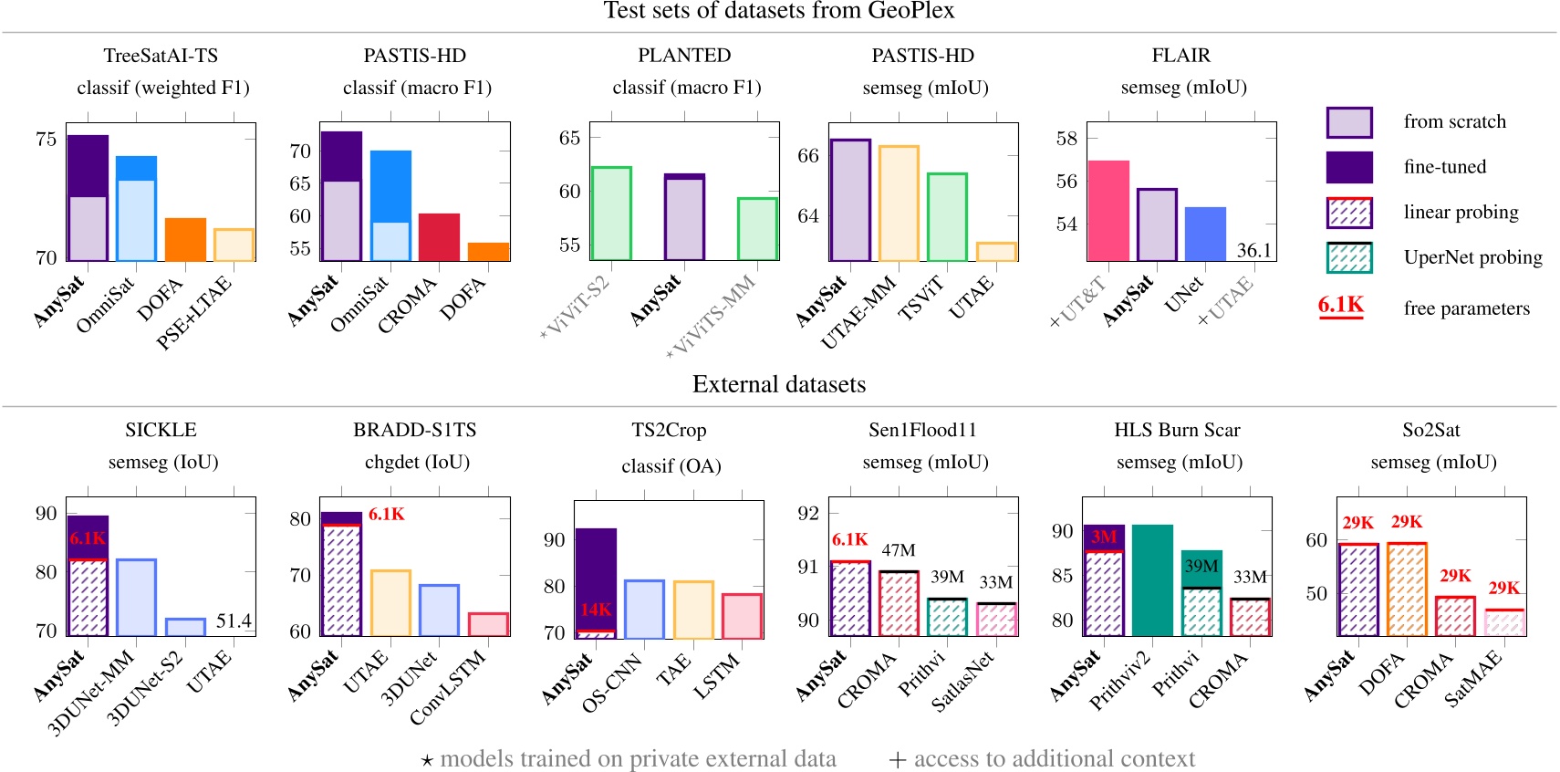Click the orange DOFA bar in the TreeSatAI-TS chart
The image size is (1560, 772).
[x=185, y=240]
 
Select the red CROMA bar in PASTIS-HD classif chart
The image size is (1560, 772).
[x=439, y=237]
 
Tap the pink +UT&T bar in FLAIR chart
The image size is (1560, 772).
[x=1108, y=211]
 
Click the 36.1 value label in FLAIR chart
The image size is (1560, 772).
[x=1253, y=250]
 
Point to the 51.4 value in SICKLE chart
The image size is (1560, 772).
[x=234, y=621]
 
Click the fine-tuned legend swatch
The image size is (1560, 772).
[x=1348, y=167]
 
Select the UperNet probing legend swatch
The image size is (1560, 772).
[x=1348, y=257]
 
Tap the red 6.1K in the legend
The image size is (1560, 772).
[x=1340, y=305]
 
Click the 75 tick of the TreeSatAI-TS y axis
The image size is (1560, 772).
[x=46, y=139]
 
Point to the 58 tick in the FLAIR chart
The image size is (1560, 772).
[x=1066, y=138]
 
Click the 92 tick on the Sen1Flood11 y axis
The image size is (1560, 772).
[x=807, y=512]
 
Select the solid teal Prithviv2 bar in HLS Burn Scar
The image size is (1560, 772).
[x=1152, y=579]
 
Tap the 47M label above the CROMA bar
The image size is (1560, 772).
[x=898, y=550]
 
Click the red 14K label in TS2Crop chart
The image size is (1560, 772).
[x=596, y=610]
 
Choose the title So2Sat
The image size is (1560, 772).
[x=1430, y=430]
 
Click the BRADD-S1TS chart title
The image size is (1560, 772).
[x=415, y=430]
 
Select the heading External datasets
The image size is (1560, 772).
[x=779, y=384]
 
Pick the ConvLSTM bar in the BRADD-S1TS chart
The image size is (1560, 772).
[x=488, y=624]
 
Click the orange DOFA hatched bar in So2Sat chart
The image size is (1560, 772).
[x=1406, y=589]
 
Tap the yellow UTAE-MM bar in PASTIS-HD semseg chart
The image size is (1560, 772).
[x=899, y=203]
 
